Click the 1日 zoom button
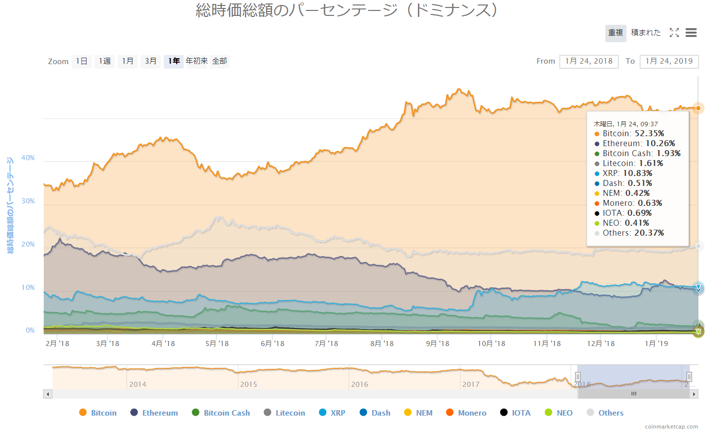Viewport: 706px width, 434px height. click(82, 61)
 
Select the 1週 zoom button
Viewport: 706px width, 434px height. click(104, 61)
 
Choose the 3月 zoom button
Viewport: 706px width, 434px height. click(151, 61)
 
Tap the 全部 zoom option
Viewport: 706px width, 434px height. click(219, 61)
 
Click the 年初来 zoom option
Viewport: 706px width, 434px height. click(197, 61)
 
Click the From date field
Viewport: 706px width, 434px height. click(589, 61)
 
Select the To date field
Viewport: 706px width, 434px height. click(669, 61)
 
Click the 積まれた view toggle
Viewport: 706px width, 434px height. click(646, 33)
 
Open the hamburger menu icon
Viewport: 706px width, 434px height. click(691, 33)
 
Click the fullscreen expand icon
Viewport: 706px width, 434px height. click(674, 33)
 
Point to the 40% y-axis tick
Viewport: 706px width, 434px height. click(28, 158)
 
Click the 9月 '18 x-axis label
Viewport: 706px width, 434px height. click(437, 344)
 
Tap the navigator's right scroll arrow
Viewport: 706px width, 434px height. click(694, 394)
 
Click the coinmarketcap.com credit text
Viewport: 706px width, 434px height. click(671, 427)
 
